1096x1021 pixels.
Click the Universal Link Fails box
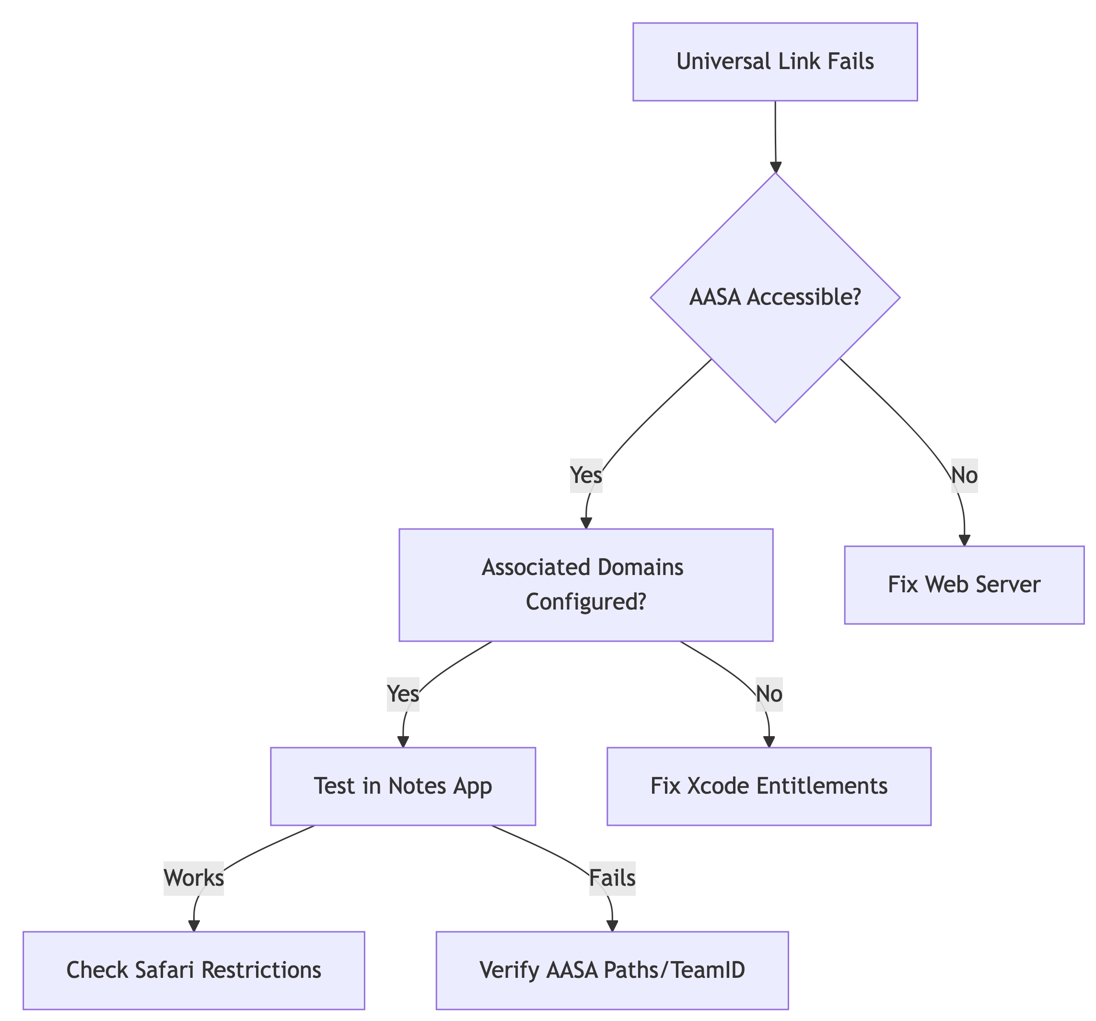pos(775,62)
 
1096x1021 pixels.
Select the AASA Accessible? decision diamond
pos(775,298)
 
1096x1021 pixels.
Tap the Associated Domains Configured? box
pos(585,585)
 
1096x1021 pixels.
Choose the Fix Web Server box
pos(964,585)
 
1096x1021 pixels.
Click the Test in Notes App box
pos(403,786)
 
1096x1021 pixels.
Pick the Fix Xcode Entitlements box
pos(769,786)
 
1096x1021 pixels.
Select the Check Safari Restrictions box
pos(194,970)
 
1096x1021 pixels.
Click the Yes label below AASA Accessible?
pos(586,475)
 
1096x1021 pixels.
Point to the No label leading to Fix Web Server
pos(965,475)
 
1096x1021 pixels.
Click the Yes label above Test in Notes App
pos(403,694)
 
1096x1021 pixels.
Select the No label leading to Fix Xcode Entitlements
pos(769,694)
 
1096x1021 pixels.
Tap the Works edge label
pos(194,878)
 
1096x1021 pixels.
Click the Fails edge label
pos(613,878)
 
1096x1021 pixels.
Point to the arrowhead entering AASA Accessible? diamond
pos(776,168)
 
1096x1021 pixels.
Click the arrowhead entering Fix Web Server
pos(964,540)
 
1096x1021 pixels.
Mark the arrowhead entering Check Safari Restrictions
pos(194,926)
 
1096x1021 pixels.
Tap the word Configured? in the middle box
pos(585,602)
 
